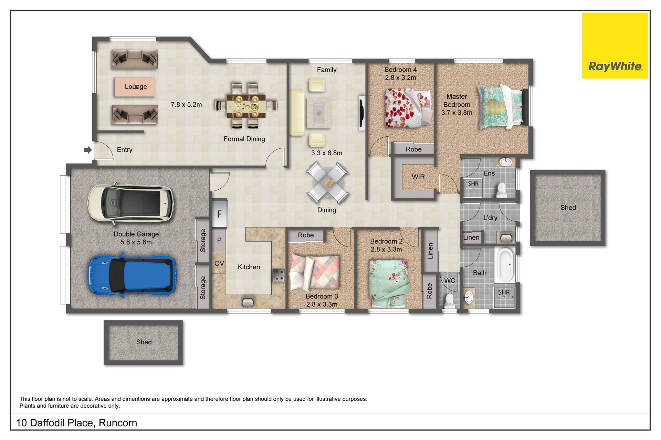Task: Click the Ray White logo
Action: pyautogui.click(x=615, y=45)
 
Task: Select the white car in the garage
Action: pyautogui.click(x=130, y=202)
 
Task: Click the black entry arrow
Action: pyautogui.click(x=88, y=150)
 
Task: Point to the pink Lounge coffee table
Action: pyautogui.click(x=135, y=86)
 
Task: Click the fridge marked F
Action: pyautogui.click(x=219, y=214)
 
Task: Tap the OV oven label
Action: pyautogui.click(x=219, y=263)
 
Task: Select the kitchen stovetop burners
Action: pyautogui.click(x=279, y=275)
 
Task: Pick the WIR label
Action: pyautogui.click(x=418, y=177)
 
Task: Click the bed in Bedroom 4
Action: pyautogui.click(x=408, y=107)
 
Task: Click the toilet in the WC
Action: pyautogui.click(x=449, y=301)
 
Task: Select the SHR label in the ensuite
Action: pyautogui.click(x=473, y=184)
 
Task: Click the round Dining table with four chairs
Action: pyautogui.click(x=327, y=182)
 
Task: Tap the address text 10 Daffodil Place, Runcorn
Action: pyautogui.click(x=76, y=423)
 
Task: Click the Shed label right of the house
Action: pyautogui.click(x=568, y=208)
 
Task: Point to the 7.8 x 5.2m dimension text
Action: pyautogui.click(x=186, y=104)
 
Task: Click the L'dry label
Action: pyautogui.click(x=490, y=218)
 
